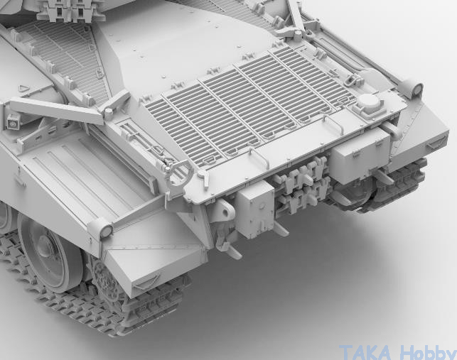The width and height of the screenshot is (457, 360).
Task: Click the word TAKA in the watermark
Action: coord(365,352)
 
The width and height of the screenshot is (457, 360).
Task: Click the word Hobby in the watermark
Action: coord(428,352)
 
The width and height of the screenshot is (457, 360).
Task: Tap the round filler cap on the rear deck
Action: coord(369,101)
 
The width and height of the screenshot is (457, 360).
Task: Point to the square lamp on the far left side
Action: coord(13,122)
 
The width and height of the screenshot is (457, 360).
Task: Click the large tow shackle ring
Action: coord(179,172)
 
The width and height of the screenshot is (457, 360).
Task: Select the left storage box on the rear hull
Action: coord(254,209)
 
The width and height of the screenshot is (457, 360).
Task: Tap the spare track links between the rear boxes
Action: coord(303,187)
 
